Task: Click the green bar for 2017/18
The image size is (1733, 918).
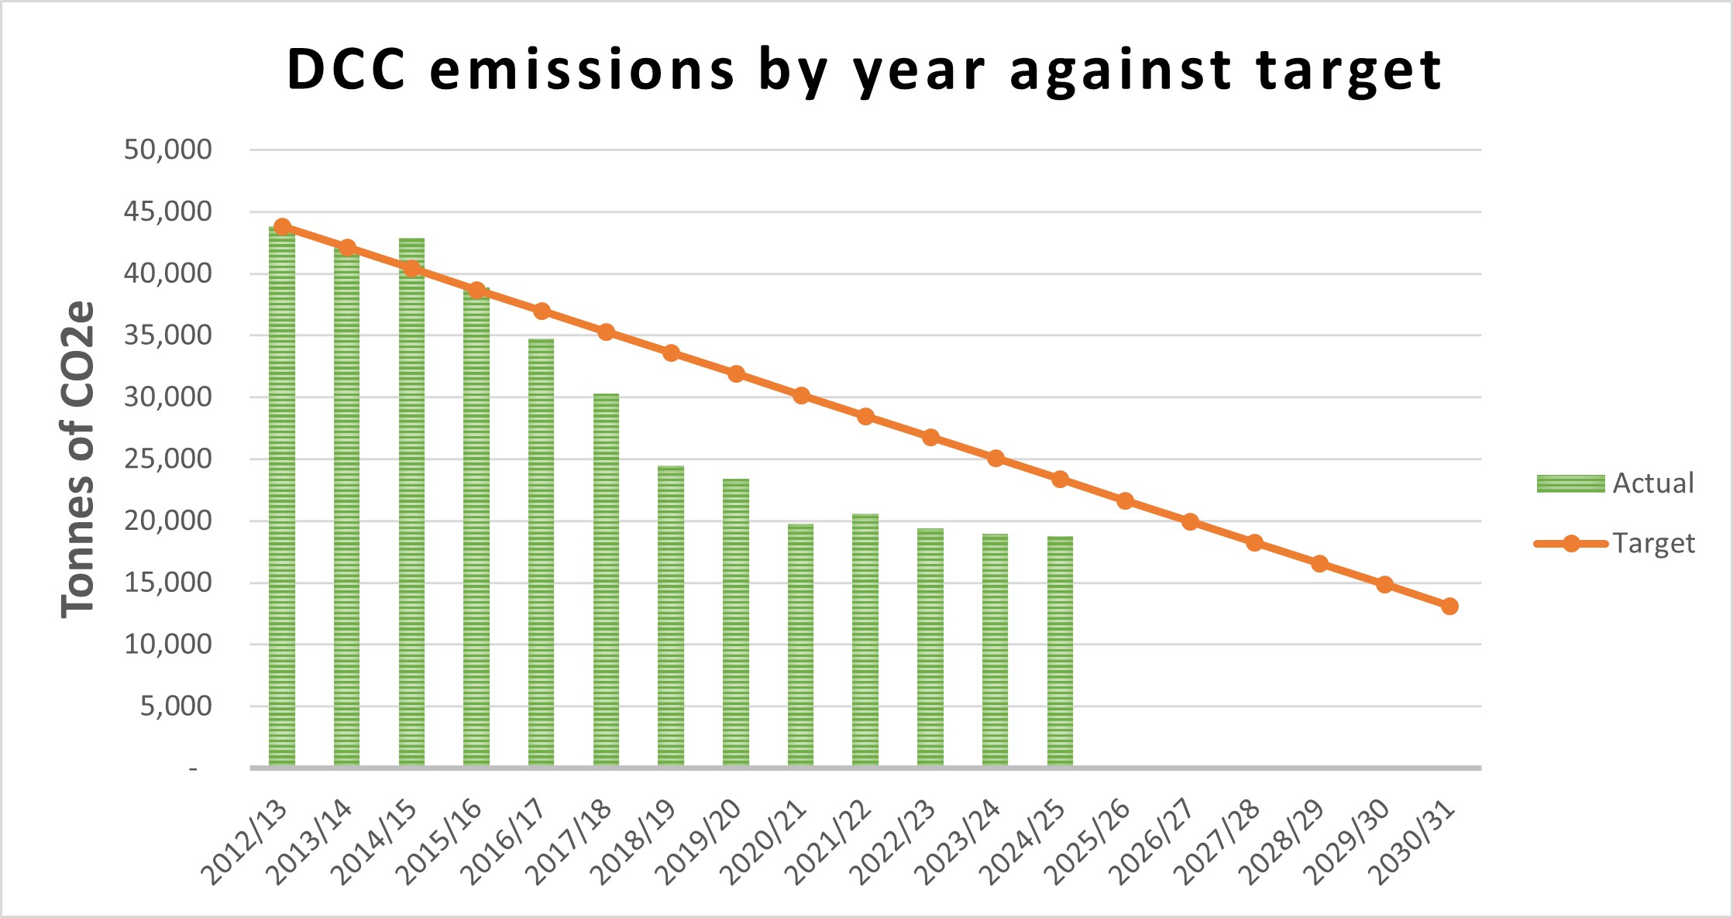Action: [606, 581]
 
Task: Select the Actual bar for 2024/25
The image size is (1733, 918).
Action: [1060, 651]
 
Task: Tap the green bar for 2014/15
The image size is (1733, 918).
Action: [411, 504]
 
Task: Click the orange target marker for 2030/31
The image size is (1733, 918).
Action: [1449, 606]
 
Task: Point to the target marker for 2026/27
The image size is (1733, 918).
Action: [1190, 522]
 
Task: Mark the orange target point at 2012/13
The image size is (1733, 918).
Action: [282, 227]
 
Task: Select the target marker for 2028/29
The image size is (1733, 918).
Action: [1319, 564]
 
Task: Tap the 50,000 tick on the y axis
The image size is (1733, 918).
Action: [167, 150]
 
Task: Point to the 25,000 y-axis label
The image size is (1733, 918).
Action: [167, 459]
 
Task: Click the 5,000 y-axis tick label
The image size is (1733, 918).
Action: [175, 706]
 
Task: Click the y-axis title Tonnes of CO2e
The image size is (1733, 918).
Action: [77, 459]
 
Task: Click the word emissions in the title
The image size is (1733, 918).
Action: [581, 70]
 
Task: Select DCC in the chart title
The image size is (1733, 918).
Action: [346, 70]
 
